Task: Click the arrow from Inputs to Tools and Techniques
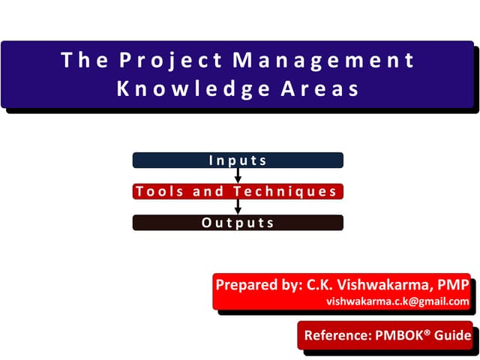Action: [238, 175]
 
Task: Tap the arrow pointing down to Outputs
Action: [238, 207]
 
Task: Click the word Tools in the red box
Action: [160, 191]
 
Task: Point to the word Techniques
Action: [285, 191]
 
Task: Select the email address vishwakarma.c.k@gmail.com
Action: [397, 301]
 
